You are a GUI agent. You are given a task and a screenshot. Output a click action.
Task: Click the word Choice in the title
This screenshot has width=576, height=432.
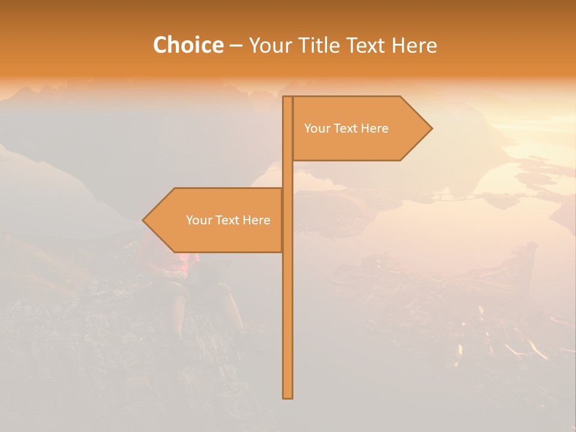[188, 45]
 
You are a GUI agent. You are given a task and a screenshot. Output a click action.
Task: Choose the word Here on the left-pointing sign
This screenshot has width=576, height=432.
[256, 220]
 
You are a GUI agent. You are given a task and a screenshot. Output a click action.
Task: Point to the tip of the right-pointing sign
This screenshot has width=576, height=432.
[431, 128]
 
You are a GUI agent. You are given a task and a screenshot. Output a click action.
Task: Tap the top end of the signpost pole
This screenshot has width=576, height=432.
[287, 98]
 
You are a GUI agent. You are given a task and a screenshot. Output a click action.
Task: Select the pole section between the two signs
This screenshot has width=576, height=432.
[287, 174]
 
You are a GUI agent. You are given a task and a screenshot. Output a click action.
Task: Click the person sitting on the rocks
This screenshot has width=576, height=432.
[186, 282]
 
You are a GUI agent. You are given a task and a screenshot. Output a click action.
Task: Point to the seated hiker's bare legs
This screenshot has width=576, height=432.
[180, 309]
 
